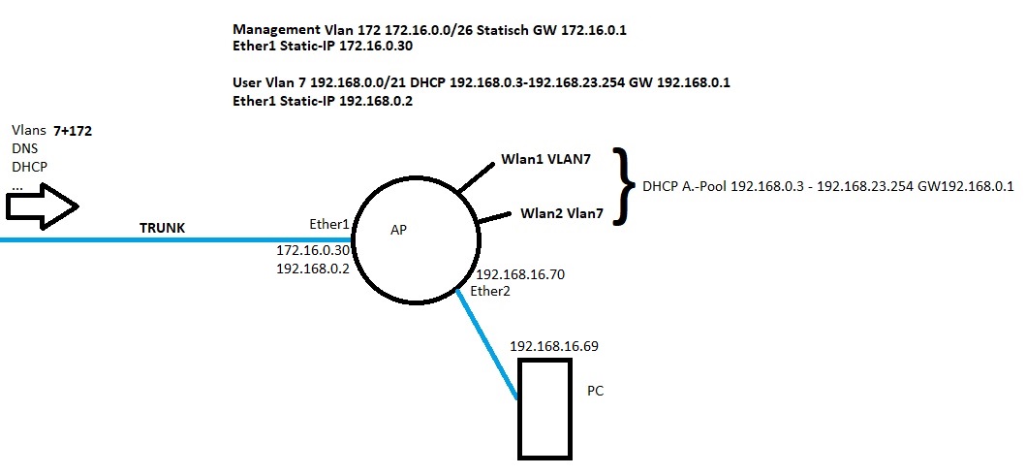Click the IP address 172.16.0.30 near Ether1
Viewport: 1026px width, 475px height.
tap(312, 250)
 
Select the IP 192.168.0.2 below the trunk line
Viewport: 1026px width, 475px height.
tap(312, 269)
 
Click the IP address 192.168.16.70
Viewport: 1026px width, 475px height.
tap(520, 274)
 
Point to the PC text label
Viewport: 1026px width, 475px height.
tap(596, 391)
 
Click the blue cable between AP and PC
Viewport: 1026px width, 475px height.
tap(487, 344)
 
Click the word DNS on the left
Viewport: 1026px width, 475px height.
tap(25, 147)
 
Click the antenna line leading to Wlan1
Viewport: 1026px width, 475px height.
tap(476, 175)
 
